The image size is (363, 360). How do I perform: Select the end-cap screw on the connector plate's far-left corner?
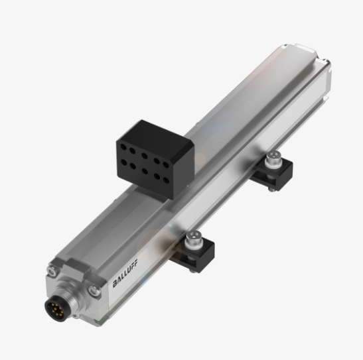[x=51, y=269]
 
